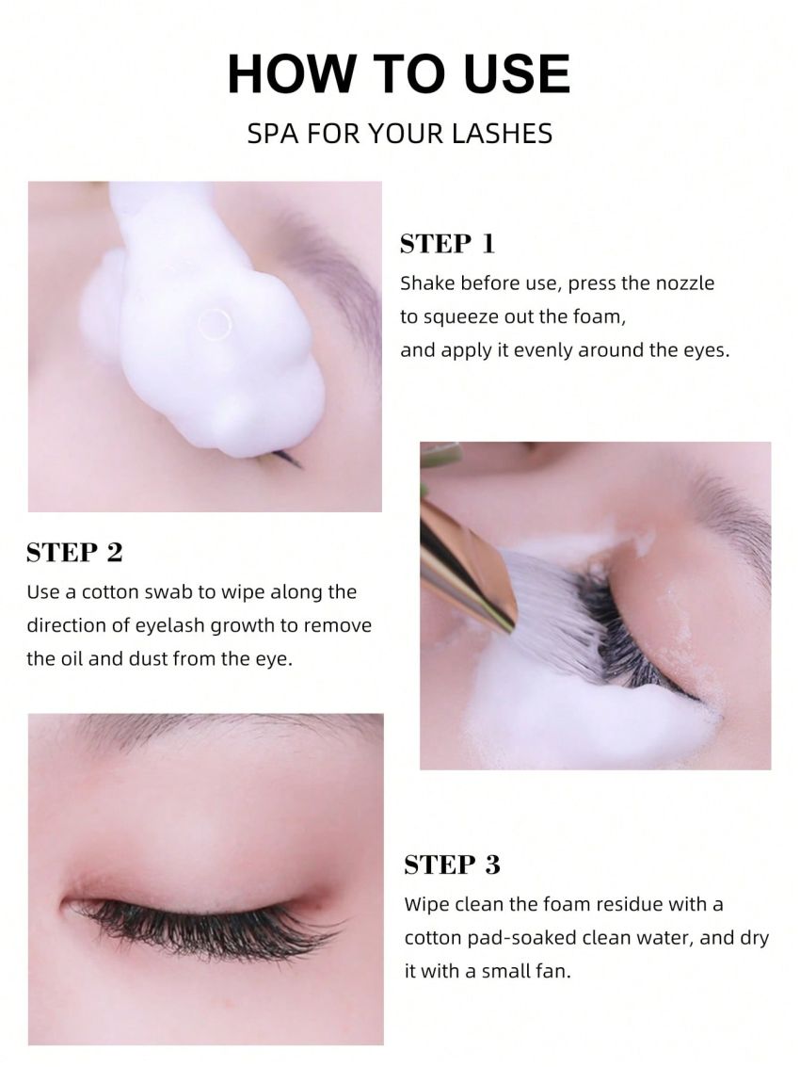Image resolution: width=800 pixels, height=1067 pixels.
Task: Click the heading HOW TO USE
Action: tap(399, 73)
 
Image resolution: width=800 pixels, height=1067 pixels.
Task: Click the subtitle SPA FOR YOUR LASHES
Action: tap(399, 133)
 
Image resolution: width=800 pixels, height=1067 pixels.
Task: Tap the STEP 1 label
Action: tap(447, 244)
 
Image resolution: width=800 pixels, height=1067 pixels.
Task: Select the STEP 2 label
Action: tap(74, 552)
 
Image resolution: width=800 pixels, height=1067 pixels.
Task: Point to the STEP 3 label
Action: tap(452, 865)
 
